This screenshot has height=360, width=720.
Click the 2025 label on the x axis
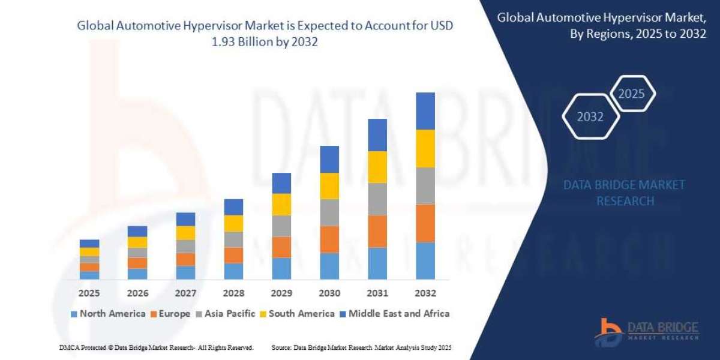(89, 293)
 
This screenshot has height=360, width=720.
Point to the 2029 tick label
(281, 293)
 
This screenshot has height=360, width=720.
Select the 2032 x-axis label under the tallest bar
(425, 293)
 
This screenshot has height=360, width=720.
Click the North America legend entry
(107, 313)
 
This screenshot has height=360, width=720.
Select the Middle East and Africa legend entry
(395, 313)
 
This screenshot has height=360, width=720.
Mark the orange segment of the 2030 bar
(329, 239)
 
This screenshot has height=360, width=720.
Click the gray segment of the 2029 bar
(281, 226)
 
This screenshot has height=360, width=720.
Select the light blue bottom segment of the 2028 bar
(233, 271)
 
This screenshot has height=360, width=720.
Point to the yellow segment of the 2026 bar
(137, 242)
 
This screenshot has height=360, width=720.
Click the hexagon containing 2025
(631, 94)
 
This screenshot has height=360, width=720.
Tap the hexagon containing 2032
(590, 117)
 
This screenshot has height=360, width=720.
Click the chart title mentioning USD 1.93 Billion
(265, 34)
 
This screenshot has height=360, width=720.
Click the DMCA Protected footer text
(156, 347)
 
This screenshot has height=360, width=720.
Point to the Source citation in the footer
(361, 347)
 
